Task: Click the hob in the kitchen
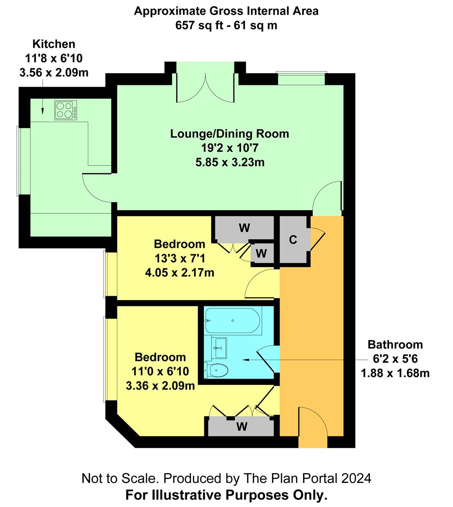tap(66, 110)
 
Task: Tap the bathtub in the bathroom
tap(233, 321)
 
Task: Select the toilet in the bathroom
tap(216, 370)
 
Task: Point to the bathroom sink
tap(219, 348)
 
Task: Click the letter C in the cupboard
tap(293, 240)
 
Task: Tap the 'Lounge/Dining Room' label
tap(230, 134)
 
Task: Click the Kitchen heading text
tap(54, 44)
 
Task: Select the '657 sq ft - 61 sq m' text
tap(226, 25)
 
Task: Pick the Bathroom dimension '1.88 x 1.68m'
tap(395, 373)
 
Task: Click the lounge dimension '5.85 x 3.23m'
tap(230, 162)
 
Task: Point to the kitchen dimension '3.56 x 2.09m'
tap(54, 73)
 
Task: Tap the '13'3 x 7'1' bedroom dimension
tap(180, 259)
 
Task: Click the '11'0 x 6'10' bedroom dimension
tap(160, 371)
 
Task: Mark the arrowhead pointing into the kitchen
tap(43, 111)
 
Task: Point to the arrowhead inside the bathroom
tap(246, 360)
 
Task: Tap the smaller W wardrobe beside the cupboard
tap(261, 253)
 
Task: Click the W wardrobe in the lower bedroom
tap(241, 427)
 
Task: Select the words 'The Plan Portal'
tap(291, 478)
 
